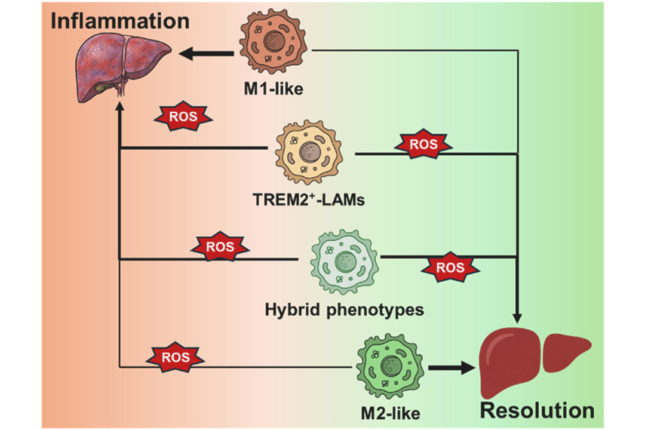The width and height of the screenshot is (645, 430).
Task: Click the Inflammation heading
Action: (119, 21)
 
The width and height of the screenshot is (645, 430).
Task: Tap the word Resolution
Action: (537, 410)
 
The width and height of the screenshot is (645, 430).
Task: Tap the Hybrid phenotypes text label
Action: (345, 310)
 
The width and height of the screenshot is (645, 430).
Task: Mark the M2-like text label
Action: (391, 412)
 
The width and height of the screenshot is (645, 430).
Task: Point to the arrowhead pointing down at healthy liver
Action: (517, 317)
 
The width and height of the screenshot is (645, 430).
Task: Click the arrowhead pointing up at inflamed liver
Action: (120, 110)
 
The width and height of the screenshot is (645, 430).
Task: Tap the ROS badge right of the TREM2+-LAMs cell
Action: (423, 145)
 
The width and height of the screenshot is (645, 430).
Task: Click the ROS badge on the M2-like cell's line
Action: (176, 357)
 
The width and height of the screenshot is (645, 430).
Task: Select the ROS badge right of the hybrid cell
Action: (450, 268)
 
